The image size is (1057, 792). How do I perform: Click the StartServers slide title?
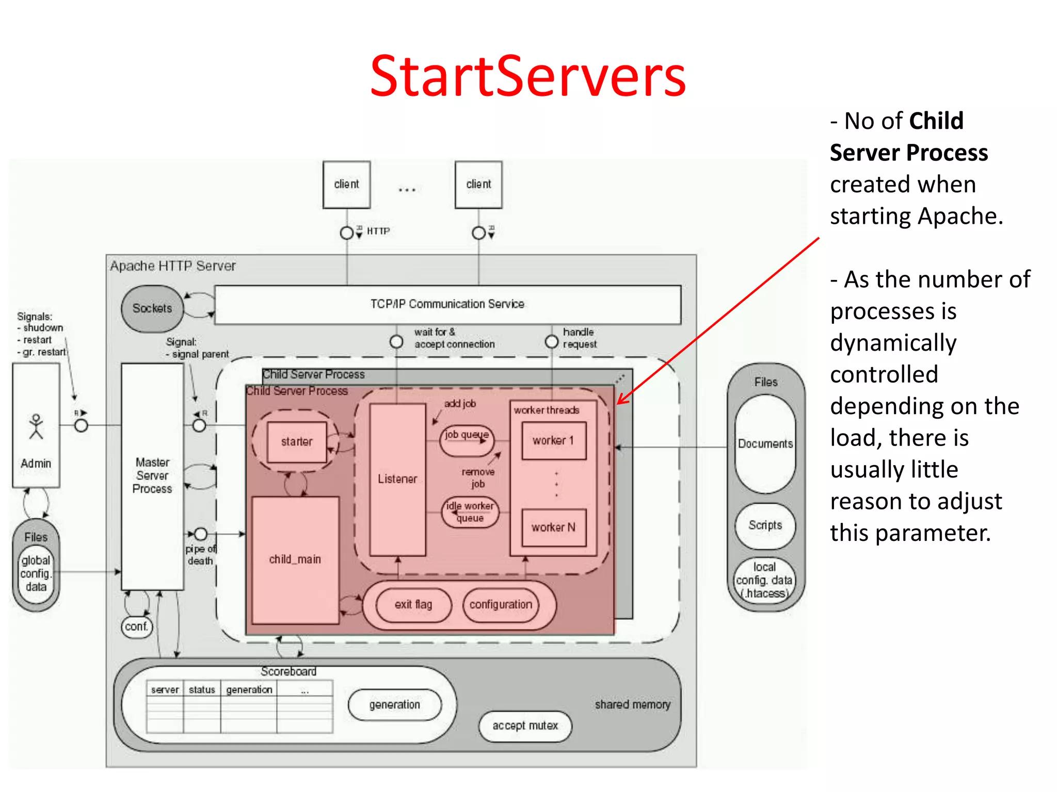(527, 76)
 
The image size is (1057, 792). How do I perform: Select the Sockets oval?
(152, 308)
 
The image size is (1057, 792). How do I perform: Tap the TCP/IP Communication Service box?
(447, 304)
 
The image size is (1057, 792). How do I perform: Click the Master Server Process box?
(152, 475)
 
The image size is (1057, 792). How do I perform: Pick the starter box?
(297, 442)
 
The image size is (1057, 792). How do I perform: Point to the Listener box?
(397, 479)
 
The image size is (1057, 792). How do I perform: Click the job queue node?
(467, 436)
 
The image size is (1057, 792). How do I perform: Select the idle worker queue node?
(470, 512)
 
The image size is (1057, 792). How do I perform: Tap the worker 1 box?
(553, 441)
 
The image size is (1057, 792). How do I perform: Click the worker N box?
(553, 527)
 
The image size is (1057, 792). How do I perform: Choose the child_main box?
(295, 559)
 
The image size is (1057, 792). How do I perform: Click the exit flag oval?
(413, 604)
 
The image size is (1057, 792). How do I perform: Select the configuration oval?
(501, 604)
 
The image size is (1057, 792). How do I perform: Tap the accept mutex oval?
(525, 726)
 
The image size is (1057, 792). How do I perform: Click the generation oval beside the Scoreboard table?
(395, 704)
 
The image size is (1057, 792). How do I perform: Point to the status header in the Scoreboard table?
(202, 690)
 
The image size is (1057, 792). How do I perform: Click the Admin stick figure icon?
(36, 427)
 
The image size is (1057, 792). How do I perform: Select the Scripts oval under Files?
(765, 525)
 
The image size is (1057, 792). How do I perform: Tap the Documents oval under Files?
(765, 444)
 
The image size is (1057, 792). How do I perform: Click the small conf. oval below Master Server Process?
(137, 626)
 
